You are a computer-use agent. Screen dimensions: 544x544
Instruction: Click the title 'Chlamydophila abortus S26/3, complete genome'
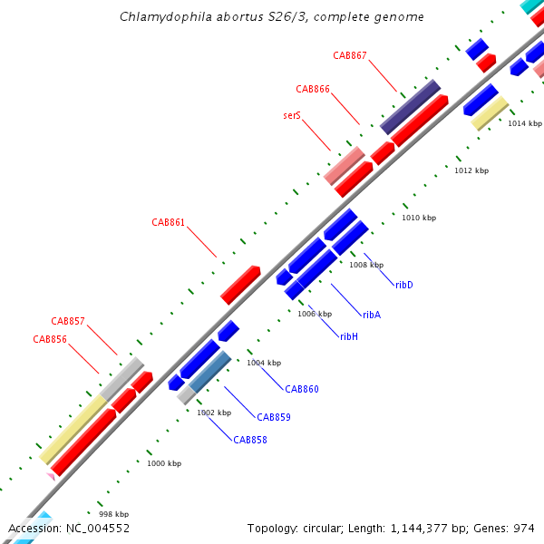coord(272,17)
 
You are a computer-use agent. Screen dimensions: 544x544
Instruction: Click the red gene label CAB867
coord(350,55)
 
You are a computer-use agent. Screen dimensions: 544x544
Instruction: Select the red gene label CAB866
coord(313,89)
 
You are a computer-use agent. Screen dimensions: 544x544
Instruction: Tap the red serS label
coord(292,116)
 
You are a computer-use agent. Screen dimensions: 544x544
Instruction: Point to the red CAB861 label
coord(169,222)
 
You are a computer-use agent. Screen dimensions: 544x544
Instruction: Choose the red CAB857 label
coord(68,321)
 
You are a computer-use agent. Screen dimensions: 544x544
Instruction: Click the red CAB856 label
coord(50,339)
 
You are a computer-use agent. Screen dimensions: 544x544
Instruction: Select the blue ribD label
coord(404,285)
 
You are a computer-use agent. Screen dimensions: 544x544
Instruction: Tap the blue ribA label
coord(372,315)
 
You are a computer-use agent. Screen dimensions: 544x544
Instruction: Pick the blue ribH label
coord(349,336)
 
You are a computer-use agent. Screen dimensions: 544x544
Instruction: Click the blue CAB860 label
coord(302,389)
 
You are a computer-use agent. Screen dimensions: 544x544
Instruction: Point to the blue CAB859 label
coord(274,417)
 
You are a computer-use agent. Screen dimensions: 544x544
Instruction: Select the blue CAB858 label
coord(250,440)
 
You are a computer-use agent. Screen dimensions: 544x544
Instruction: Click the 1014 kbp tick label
coord(523,123)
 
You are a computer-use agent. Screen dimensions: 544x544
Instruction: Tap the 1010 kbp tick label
coord(419,218)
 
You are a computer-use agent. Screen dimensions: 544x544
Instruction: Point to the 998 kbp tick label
coord(113,513)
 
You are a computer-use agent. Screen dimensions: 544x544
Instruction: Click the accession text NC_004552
coord(69,528)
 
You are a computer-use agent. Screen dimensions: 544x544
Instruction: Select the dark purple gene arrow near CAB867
coord(411,107)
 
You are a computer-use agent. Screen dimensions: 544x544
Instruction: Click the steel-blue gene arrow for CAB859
coord(209,372)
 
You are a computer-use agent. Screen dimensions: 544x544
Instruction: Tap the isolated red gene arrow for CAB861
coord(240,285)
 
